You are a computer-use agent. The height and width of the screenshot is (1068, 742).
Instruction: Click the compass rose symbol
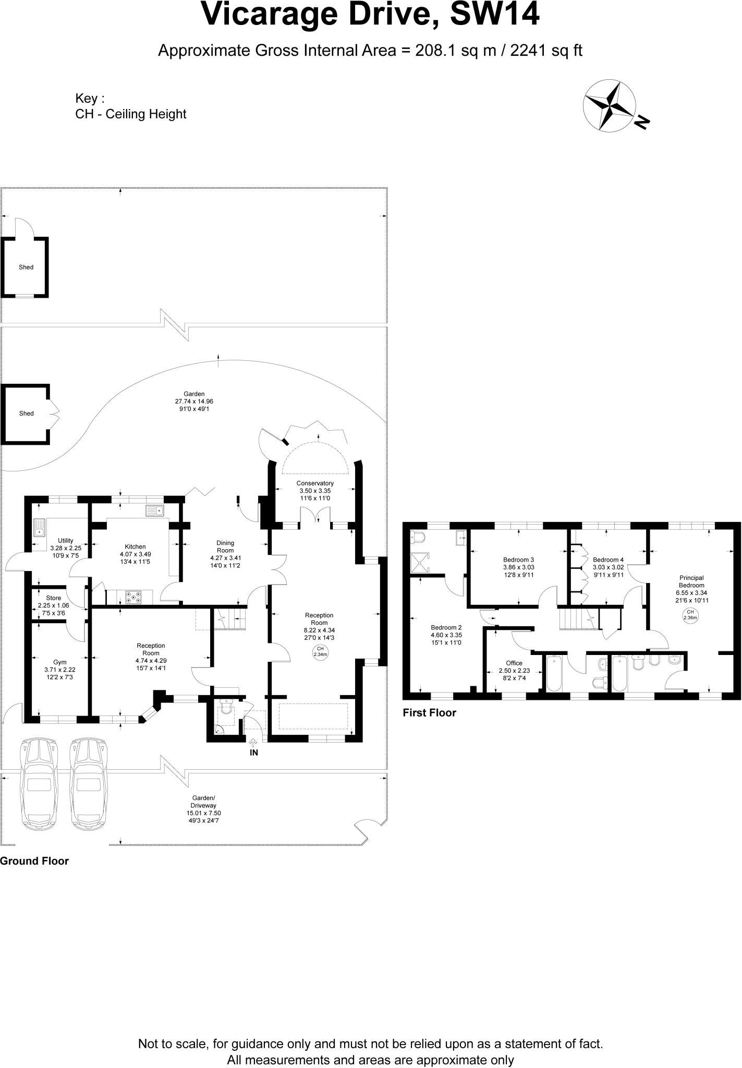(609, 105)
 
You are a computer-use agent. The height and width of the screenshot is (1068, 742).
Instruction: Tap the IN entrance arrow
(254, 743)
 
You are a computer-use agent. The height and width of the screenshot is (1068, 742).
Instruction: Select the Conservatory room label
(315, 483)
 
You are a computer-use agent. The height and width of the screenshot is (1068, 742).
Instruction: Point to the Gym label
(60, 662)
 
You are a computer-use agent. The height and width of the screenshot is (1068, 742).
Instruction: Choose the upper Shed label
(26, 267)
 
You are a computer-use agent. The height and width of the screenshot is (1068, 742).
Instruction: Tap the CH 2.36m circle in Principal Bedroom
(690, 615)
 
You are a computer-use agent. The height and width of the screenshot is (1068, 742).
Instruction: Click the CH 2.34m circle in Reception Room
(320, 651)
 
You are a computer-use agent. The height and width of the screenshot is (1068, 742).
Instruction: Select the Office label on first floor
(514, 663)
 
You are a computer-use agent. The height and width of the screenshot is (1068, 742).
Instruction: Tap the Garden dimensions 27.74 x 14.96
(194, 402)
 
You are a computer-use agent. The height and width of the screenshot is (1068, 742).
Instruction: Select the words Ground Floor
(34, 861)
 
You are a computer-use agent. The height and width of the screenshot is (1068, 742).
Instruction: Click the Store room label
(53, 598)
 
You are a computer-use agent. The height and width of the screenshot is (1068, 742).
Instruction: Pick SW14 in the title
(494, 15)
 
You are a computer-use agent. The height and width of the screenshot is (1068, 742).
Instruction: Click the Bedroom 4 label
(608, 560)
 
